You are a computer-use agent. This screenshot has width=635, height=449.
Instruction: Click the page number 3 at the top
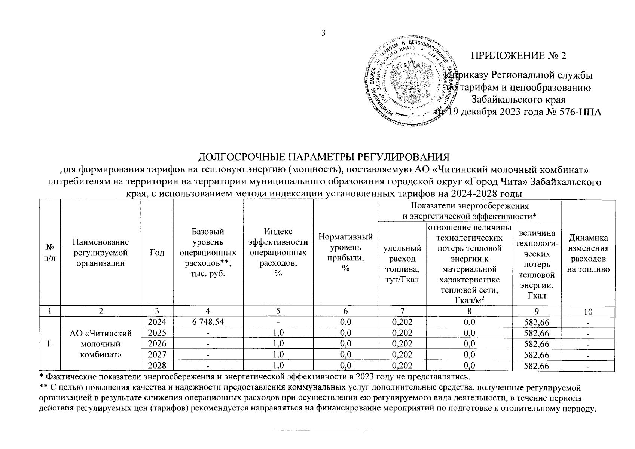coord(324,33)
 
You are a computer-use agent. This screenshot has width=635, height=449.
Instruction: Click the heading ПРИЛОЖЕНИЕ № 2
coord(518,56)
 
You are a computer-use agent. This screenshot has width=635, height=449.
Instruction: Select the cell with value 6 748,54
coord(208,322)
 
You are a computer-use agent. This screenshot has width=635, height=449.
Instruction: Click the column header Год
coord(157,253)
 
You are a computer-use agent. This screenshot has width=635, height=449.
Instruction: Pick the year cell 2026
coord(157,343)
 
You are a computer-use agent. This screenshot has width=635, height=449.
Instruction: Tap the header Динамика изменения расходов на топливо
coord(588,254)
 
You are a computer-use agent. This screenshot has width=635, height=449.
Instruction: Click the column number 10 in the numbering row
coord(588,311)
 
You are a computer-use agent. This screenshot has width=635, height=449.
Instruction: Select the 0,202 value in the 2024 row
coord(402,322)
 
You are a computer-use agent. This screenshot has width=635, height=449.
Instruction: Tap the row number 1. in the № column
coord(50,344)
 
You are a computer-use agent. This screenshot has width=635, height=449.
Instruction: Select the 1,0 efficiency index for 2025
coord(278,333)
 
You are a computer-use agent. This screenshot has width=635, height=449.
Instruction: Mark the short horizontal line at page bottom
coord(324,431)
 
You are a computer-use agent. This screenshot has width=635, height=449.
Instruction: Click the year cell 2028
coord(157,366)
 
